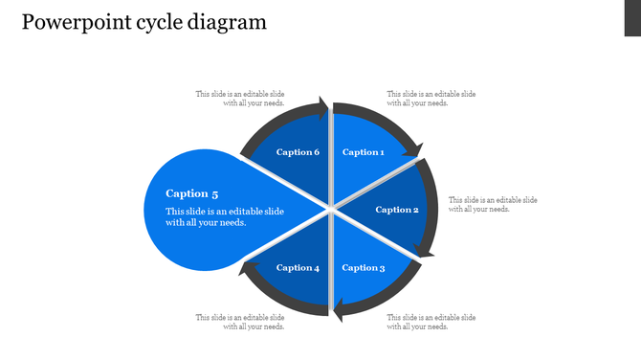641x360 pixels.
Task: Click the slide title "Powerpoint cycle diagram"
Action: [144, 22]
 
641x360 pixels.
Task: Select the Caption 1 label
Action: [363, 152]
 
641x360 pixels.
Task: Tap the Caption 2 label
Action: [397, 210]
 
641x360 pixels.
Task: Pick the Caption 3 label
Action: [363, 268]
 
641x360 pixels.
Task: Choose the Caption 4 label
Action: [298, 268]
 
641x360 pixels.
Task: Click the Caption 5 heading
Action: [192, 193]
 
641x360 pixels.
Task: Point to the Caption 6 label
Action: [298, 152]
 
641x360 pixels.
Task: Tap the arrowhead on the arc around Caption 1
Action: [413, 147]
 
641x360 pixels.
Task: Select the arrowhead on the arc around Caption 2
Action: [427, 252]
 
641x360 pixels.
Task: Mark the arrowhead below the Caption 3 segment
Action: [337, 310]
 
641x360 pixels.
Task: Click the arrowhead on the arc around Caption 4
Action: [246, 269]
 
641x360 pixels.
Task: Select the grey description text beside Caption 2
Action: [493, 204]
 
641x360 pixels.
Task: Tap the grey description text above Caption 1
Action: [431, 99]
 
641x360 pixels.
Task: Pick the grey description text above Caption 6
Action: [240, 99]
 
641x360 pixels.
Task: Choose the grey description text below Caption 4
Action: [240, 322]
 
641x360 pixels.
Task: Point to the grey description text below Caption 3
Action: [431, 322]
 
